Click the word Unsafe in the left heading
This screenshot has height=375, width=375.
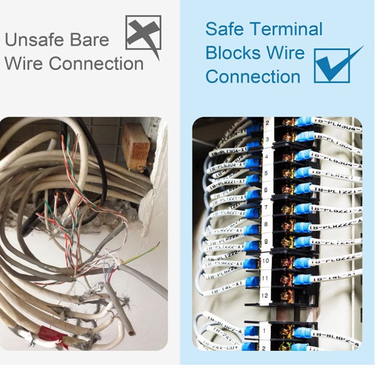pyautogui.click(x=29, y=40)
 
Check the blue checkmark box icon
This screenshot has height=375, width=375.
pyautogui.click(x=332, y=65)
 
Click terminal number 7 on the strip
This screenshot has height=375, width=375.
pyautogui.click(x=266, y=208)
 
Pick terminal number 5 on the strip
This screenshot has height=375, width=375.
pyautogui.click(x=266, y=173)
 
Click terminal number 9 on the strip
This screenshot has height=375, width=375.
pyautogui.click(x=266, y=241)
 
